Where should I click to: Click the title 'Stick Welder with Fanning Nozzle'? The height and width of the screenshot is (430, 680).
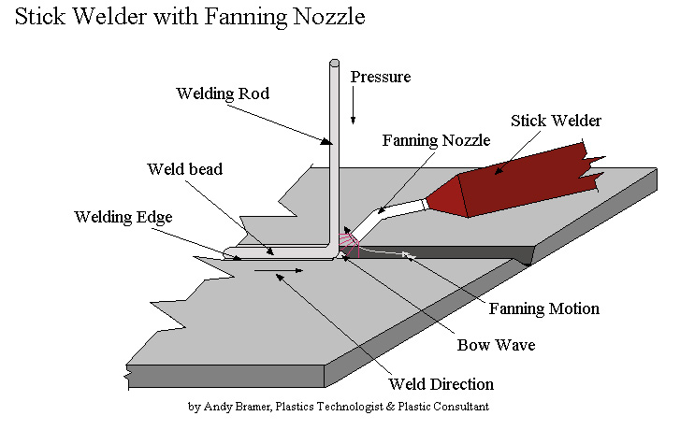pos(190,18)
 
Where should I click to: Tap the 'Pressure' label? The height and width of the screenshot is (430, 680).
pos(381,77)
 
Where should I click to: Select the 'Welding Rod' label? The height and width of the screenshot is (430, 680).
pos(223,93)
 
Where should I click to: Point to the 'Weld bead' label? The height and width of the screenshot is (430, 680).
pos(185,169)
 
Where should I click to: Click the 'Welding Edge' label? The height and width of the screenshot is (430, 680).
pos(123,217)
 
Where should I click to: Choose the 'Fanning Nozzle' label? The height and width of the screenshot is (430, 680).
pos(436,141)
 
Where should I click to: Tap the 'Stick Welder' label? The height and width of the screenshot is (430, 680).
pos(556,121)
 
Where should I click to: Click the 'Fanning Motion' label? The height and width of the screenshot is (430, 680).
pos(543,308)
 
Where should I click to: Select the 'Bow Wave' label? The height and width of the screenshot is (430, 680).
pos(496,345)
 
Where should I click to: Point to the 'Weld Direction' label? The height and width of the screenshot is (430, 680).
pos(441,384)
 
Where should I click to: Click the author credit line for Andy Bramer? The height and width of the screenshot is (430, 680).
pos(339,407)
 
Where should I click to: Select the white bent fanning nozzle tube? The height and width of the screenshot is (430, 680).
pos(386,220)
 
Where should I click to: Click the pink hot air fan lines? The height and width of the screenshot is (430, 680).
pos(349,245)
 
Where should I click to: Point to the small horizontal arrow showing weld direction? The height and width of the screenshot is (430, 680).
pos(279,271)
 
